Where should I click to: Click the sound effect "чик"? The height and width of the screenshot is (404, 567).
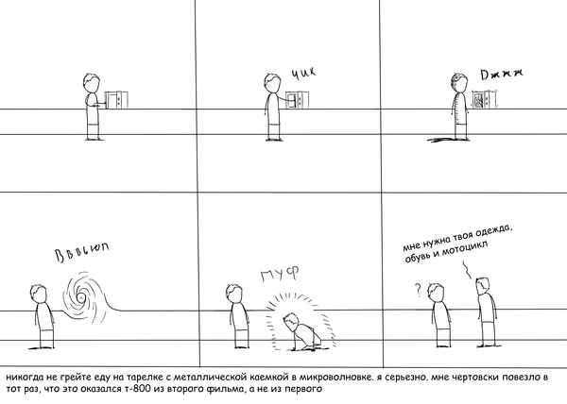[303, 73]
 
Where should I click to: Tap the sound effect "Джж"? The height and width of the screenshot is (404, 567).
[502, 74]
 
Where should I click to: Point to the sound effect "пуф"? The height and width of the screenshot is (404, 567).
[280, 274]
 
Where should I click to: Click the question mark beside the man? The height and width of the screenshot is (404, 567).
[419, 290]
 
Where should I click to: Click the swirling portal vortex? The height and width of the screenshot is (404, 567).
[80, 297]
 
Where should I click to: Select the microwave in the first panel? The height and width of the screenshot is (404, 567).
[116, 100]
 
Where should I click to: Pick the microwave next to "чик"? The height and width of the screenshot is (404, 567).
[298, 100]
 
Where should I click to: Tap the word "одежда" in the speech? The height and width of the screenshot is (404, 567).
[493, 232]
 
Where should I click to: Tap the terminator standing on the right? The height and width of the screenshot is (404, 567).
[486, 311]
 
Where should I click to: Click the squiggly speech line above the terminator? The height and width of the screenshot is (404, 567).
[467, 270]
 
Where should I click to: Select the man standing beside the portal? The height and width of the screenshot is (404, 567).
[43, 316]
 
